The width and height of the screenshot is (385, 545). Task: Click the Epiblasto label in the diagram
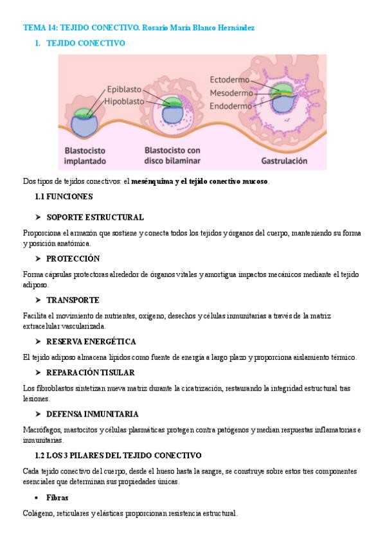tap(125, 91)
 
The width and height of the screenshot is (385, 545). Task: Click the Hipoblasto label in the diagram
tap(124, 101)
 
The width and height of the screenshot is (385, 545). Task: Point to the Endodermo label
tap(231, 105)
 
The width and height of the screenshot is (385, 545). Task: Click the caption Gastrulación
tap(284, 161)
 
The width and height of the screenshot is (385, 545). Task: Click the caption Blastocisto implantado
tap(85, 156)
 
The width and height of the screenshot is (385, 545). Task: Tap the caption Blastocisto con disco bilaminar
tap(172, 155)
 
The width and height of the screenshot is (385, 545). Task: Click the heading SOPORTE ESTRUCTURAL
tap(95, 217)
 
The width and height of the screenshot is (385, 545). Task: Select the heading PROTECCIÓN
tap(73, 258)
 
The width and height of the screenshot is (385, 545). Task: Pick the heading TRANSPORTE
tap(73, 300)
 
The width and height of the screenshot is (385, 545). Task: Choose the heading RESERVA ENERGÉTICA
tap(91, 341)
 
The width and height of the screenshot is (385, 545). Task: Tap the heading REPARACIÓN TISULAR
tap(90, 373)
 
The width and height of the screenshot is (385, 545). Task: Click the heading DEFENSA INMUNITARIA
tap(93, 414)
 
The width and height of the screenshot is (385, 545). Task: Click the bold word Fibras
tap(57, 497)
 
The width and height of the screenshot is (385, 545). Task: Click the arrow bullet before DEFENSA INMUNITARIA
tap(39, 414)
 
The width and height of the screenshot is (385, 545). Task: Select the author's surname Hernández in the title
tap(235, 28)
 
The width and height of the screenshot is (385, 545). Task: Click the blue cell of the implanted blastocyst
tap(84, 125)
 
